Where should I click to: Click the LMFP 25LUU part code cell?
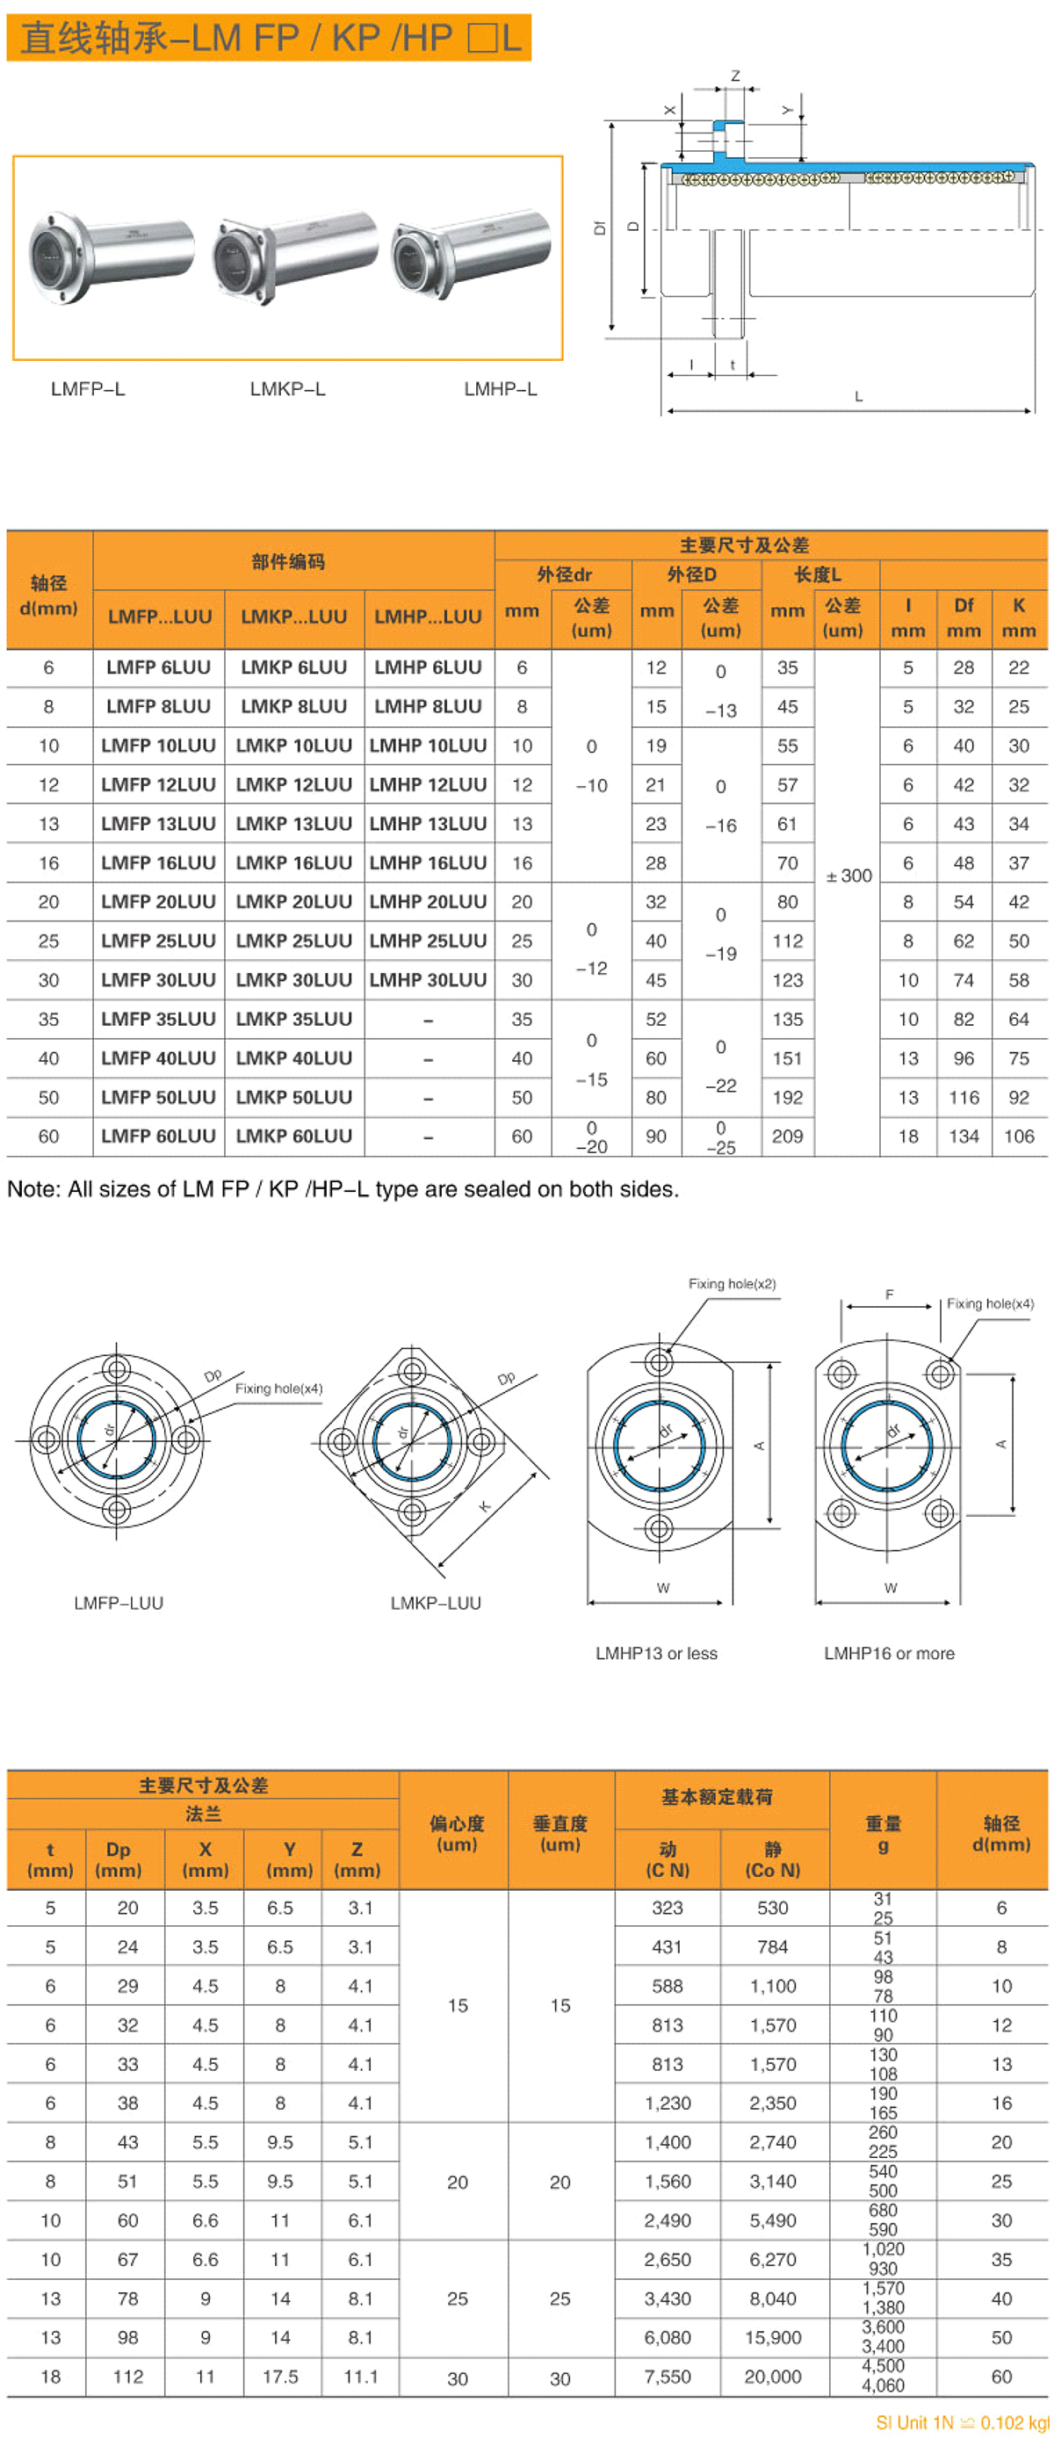coord(158,940)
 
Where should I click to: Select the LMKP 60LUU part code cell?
coord(293,1136)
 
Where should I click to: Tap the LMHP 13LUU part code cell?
coord(428,824)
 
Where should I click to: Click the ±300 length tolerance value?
coord(848,876)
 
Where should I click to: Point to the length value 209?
coord(787,1136)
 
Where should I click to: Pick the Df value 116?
coord(963,1096)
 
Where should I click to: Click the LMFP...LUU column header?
coord(159,617)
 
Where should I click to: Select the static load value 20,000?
coord(773,2376)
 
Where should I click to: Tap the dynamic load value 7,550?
coord(668,2376)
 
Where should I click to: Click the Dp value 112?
coord(128,2376)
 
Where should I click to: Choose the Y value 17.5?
coord(280,2376)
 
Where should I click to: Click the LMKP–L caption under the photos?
coord(287,389)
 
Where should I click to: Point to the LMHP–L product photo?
coord(472,251)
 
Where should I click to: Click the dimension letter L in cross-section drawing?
coord(858,397)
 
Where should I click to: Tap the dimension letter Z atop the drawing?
coord(735,76)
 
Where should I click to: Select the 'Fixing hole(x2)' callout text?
coord(731,1284)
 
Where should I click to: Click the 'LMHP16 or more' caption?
coord(888,1653)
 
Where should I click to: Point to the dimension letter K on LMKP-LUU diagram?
coord(485,1505)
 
